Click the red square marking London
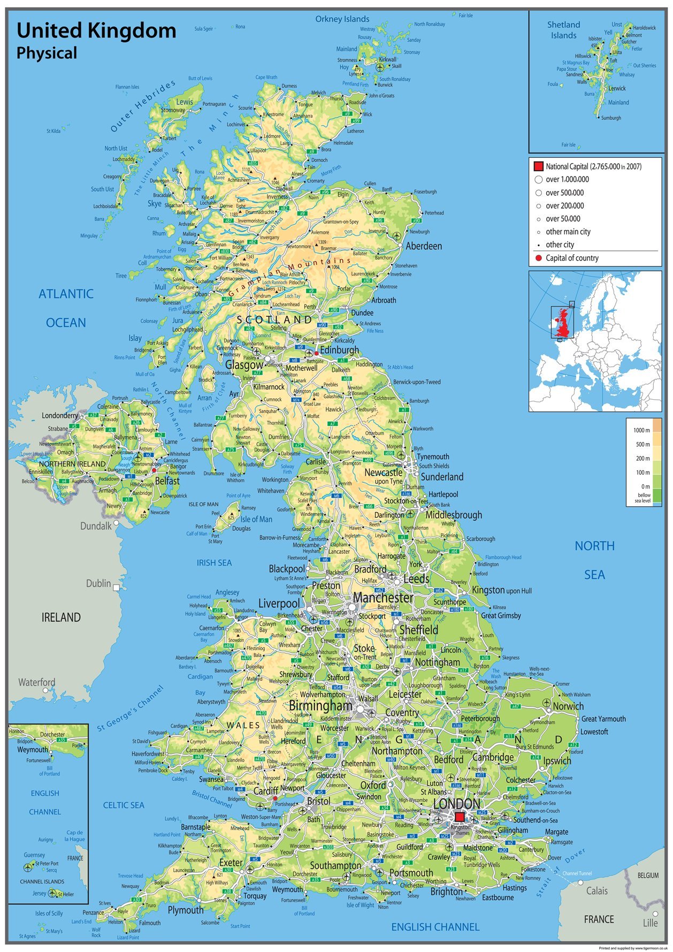[x=459, y=817]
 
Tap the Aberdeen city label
[x=424, y=246]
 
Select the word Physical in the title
[x=47, y=53]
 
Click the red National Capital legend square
[x=538, y=166]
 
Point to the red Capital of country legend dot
[x=538, y=258]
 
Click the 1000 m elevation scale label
[x=641, y=430]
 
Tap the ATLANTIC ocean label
[x=66, y=294]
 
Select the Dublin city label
[x=98, y=583]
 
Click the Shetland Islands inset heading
[x=563, y=30]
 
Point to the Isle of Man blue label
[x=256, y=519]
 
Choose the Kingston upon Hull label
[x=502, y=590]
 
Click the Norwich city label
[x=568, y=706]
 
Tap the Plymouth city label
[x=186, y=910]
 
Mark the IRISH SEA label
[x=214, y=562]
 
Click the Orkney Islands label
[x=342, y=19]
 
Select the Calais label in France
[x=596, y=890]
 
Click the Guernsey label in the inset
[x=34, y=855]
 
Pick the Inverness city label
[x=277, y=196]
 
